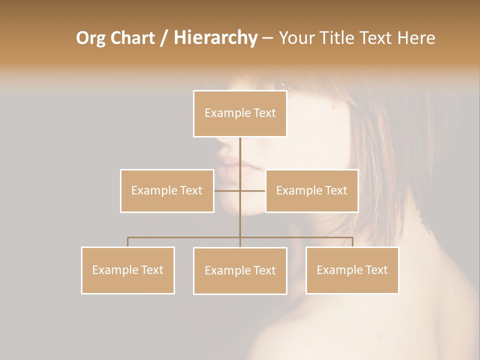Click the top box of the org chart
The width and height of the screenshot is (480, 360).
[240, 113]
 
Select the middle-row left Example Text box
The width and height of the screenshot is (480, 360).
[167, 190]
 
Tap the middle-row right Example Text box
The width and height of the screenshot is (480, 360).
[311, 190]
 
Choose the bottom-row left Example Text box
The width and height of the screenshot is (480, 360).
[128, 270]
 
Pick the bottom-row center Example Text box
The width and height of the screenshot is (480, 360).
[240, 270]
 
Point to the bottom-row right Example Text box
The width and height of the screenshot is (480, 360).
[352, 270]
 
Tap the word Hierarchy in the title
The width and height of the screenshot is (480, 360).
[215, 38]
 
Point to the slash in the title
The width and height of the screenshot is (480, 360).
[164, 38]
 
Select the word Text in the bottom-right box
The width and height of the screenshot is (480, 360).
[376, 270]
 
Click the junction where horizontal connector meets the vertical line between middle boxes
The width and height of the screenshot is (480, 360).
[240, 190]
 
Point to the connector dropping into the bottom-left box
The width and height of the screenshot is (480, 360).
[128, 242]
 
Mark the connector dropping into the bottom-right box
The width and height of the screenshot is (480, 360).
[352, 242]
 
